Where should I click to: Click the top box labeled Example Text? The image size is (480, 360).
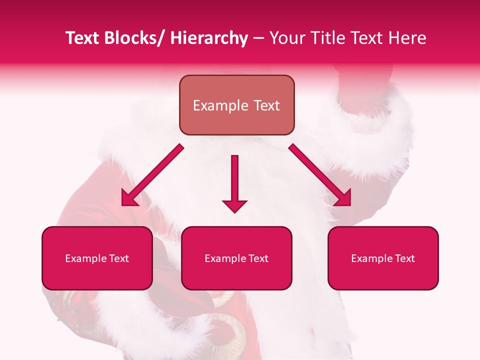pyautogui.click(x=236, y=105)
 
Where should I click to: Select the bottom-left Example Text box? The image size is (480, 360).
pyautogui.click(x=97, y=258)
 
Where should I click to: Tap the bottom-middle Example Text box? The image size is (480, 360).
pyautogui.click(x=236, y=258)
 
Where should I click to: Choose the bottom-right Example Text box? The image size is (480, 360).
pyautogui.click(x=383, y=258)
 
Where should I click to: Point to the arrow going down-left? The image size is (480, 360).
pyautogui.click(x=152, y=175)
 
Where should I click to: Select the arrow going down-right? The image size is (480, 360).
pyautogui.click(x=320, y=175)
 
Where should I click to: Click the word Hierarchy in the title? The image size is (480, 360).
pyautogui.click(x=209, y=38)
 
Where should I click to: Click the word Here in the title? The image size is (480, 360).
pyautogui.click(x=408, y=38)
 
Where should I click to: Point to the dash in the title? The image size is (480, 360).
pyautogui.click(x=258, y=38)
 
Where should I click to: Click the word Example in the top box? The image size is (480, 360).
pyautogui.click(x=220, y=105)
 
